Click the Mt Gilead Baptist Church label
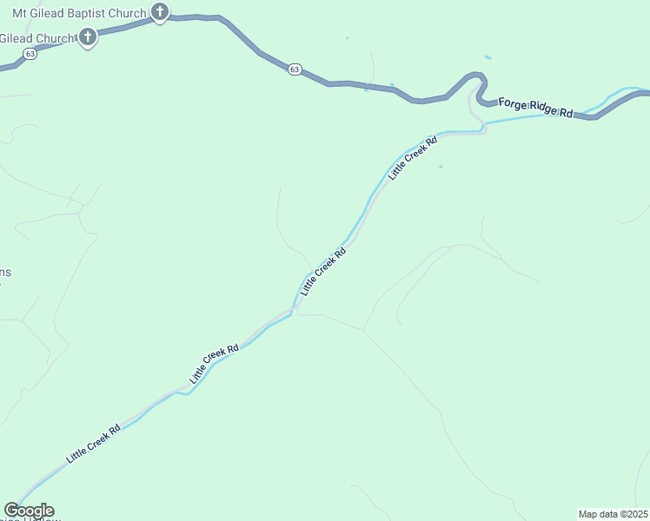(79, 13)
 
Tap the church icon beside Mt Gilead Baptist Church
(160, 12)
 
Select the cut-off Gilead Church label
(36, 38)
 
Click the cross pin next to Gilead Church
(88, 36)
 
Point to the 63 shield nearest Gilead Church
(30, 53)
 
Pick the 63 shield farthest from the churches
(295, 69)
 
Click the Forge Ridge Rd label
(536, 108)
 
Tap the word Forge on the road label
(513, 104)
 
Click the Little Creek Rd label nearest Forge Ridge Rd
(413, 156)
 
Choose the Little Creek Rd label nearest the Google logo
(93, 444)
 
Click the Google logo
(29, 511)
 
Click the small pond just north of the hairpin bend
(487, 58)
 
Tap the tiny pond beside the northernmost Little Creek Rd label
(441, 167)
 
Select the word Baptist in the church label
(90, 13)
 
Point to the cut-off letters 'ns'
(5, 273)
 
